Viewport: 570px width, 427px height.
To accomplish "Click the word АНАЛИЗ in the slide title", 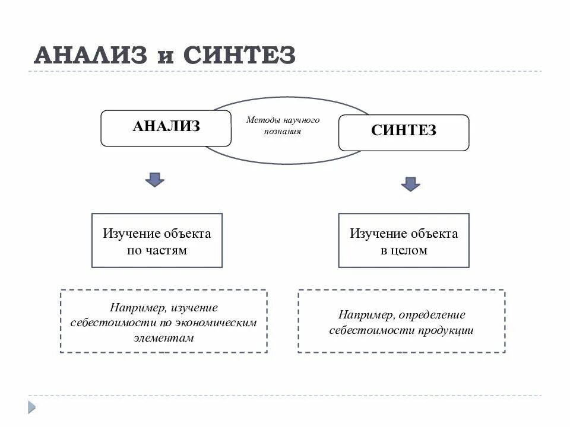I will click(x=90, y=55).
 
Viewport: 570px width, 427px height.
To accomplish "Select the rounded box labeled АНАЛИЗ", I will click(x=166, y=128).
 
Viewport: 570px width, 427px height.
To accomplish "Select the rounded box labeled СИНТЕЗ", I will click(x=404, y=132).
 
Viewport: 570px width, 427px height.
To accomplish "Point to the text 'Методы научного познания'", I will click(x=283, y=126).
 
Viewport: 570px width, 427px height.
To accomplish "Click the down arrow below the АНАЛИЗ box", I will click(x=155, y=180).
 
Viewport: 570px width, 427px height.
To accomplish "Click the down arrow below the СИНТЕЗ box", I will click(x=410, y=183).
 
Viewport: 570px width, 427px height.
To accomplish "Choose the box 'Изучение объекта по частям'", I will click(x=157, y=241).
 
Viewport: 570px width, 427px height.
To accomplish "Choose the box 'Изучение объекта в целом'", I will click(x=404, y=241).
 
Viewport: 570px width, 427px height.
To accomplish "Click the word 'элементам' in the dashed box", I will click(x=164, y=338).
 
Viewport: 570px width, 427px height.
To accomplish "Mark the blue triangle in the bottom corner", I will click(x=31, y=407).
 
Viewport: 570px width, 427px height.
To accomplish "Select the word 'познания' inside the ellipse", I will click(x=283, y=132).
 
